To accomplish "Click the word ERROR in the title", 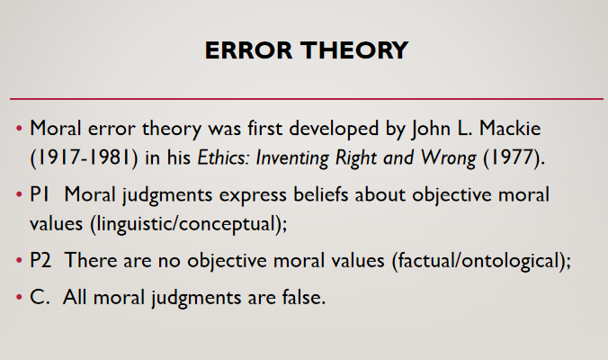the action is pos(248,50).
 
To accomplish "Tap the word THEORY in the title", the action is pos(354,50).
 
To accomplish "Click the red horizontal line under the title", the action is pos(307,99).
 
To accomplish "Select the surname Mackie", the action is pos(510,128).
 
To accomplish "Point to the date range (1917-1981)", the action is pos(84,157).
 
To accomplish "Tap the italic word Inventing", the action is pos(292,158).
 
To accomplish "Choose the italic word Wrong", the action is pos(449,158).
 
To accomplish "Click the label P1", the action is pos(40,194).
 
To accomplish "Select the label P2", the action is pos(40,260).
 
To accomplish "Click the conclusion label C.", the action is pos(40,297).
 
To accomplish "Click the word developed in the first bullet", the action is pos(334,129).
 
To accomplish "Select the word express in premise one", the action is pos(253,195).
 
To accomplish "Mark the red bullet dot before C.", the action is pos(20,298).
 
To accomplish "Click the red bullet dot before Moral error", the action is pos(20,128).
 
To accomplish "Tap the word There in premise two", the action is pos(91,260).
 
